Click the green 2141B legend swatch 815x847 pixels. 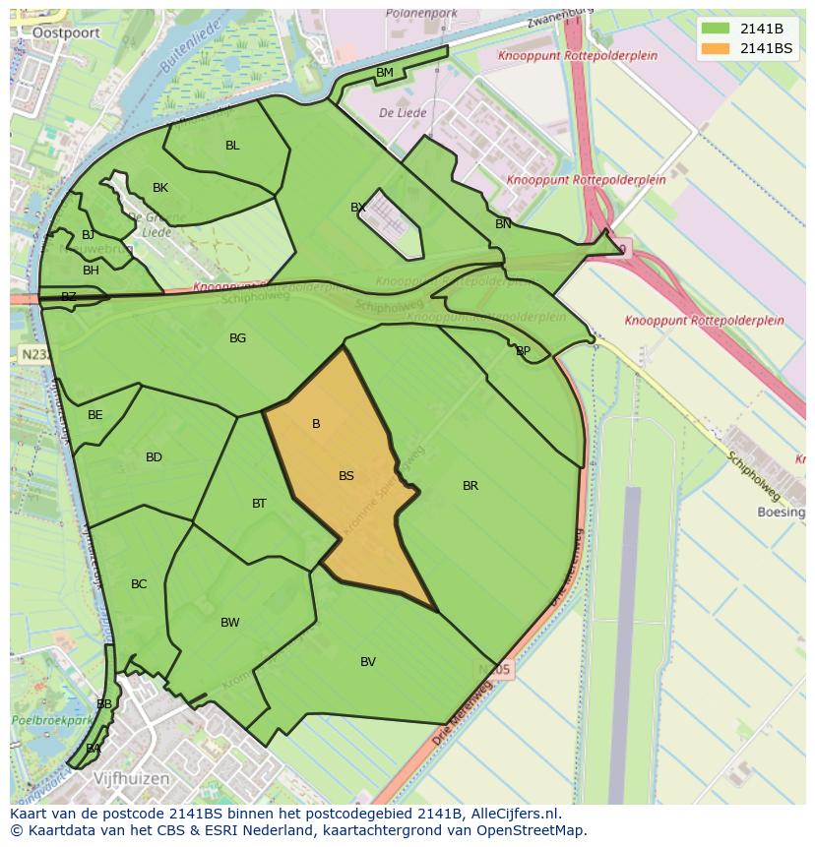pos(716,29)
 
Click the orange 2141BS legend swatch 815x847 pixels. pos(716,48)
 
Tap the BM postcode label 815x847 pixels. pos(385,73)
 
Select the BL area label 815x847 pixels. pos(232,146)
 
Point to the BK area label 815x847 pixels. pos(160,188)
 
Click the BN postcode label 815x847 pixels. pos(503,224)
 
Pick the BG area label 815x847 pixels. pos(237,338)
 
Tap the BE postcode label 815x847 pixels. pos(94,415)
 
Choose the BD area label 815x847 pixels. pos(154,457)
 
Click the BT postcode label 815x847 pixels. pos(259,504)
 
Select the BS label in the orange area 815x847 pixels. pos(346,476)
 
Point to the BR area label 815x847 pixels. pos(470,486)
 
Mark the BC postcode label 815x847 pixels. pos(139,584)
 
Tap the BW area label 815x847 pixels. pos(230,623)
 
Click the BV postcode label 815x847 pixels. pos(368,662)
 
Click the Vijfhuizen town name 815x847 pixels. pos(132,778)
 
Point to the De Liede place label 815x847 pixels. pos(403,113)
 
